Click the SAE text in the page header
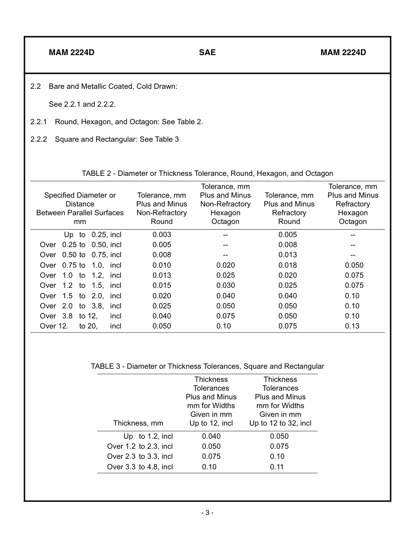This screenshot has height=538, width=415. point(207,52)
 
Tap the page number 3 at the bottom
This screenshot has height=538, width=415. point(207,513)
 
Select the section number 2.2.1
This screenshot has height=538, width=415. point(39,122)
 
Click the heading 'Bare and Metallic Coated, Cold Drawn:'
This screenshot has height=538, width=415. point(113,86)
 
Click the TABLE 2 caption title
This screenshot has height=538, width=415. point(207,173)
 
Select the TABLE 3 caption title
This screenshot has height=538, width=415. point(207,366)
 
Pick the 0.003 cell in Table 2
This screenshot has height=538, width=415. point(162,234)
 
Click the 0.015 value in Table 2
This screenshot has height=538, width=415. point(162,285)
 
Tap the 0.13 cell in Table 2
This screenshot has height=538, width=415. point(352,326)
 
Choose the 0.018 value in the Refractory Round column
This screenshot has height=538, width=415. point(287,265)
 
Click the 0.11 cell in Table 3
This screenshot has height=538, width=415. point(277,467)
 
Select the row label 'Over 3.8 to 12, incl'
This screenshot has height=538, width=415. point(80,316)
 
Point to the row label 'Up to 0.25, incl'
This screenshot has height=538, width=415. point(93,234)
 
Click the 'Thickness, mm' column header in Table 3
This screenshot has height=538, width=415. point(138,423)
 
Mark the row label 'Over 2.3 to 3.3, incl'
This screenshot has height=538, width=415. point(140,456)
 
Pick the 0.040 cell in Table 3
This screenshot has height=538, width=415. point(211,436)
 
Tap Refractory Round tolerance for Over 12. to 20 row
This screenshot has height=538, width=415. point(287,326)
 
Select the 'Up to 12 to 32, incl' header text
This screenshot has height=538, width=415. point(280,423)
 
